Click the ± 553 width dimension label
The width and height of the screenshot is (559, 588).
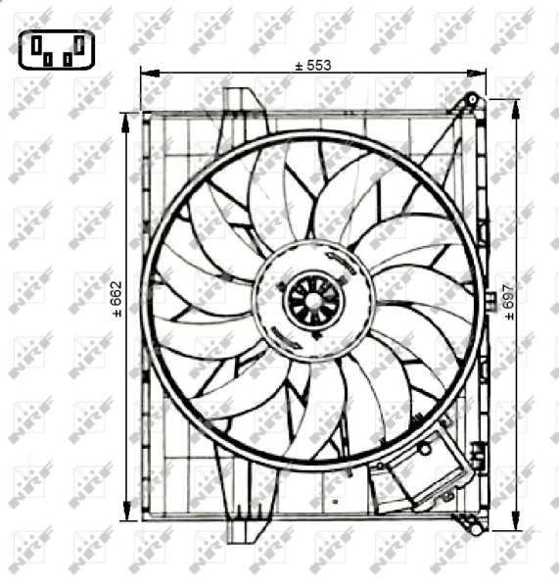click(x=313, y=65)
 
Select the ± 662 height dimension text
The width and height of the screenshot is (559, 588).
click(x=116, y=301)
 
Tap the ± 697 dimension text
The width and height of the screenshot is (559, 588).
click(x=508, y=302)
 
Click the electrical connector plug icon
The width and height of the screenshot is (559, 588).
click(x=56, y=49)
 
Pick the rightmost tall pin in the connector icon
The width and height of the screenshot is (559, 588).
click(x=77, y=44)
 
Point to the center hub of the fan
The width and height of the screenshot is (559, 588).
click(x=312, y=300)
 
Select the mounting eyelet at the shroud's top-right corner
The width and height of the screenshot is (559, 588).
click(x=472, y=100)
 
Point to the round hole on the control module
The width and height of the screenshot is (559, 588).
click(x=425, y=448)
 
